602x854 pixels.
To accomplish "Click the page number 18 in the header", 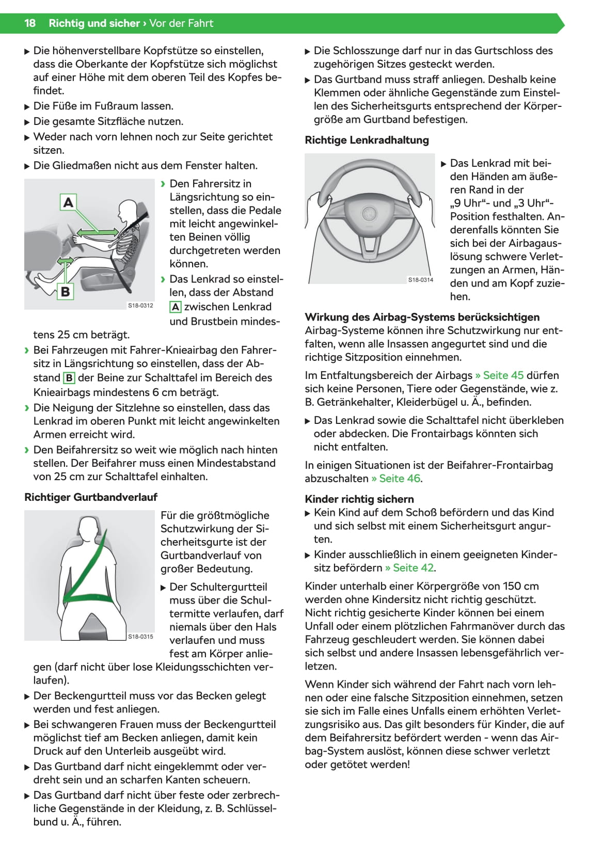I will pyautogui.click(x=30, y=23).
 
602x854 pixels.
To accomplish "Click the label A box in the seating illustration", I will pyautogui.click(x=68, y=202).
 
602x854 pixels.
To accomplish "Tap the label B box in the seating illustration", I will pyautogui.click(x=65, y=292).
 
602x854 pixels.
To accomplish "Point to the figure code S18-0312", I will pyautogui.click(x=140, y=306).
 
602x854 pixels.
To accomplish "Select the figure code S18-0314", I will pyautogui.click(x=421, y=280).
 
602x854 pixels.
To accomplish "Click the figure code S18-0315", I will pyautogui.click(x=140, y=637).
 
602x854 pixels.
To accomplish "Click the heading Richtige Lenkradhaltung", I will pyautogui.click(x=367, y=140).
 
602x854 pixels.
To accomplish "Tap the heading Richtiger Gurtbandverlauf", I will pyautogui.click(x=91, y=497).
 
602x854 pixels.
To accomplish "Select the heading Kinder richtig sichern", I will pyautogui.click(x=359, y=499).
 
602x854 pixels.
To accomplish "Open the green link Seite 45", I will pyautogui.click(x=499, y=375).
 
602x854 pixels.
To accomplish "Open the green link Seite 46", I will pyautogui.click(x=396, y=479).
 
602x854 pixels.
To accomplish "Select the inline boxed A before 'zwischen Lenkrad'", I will pyautogui.click(x=176, y=307).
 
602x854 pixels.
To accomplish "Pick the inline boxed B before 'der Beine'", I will pyautogui.click(x=69, y=378).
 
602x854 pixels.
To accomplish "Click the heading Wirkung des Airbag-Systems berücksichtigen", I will pyautogui.click(x=422, y=318).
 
